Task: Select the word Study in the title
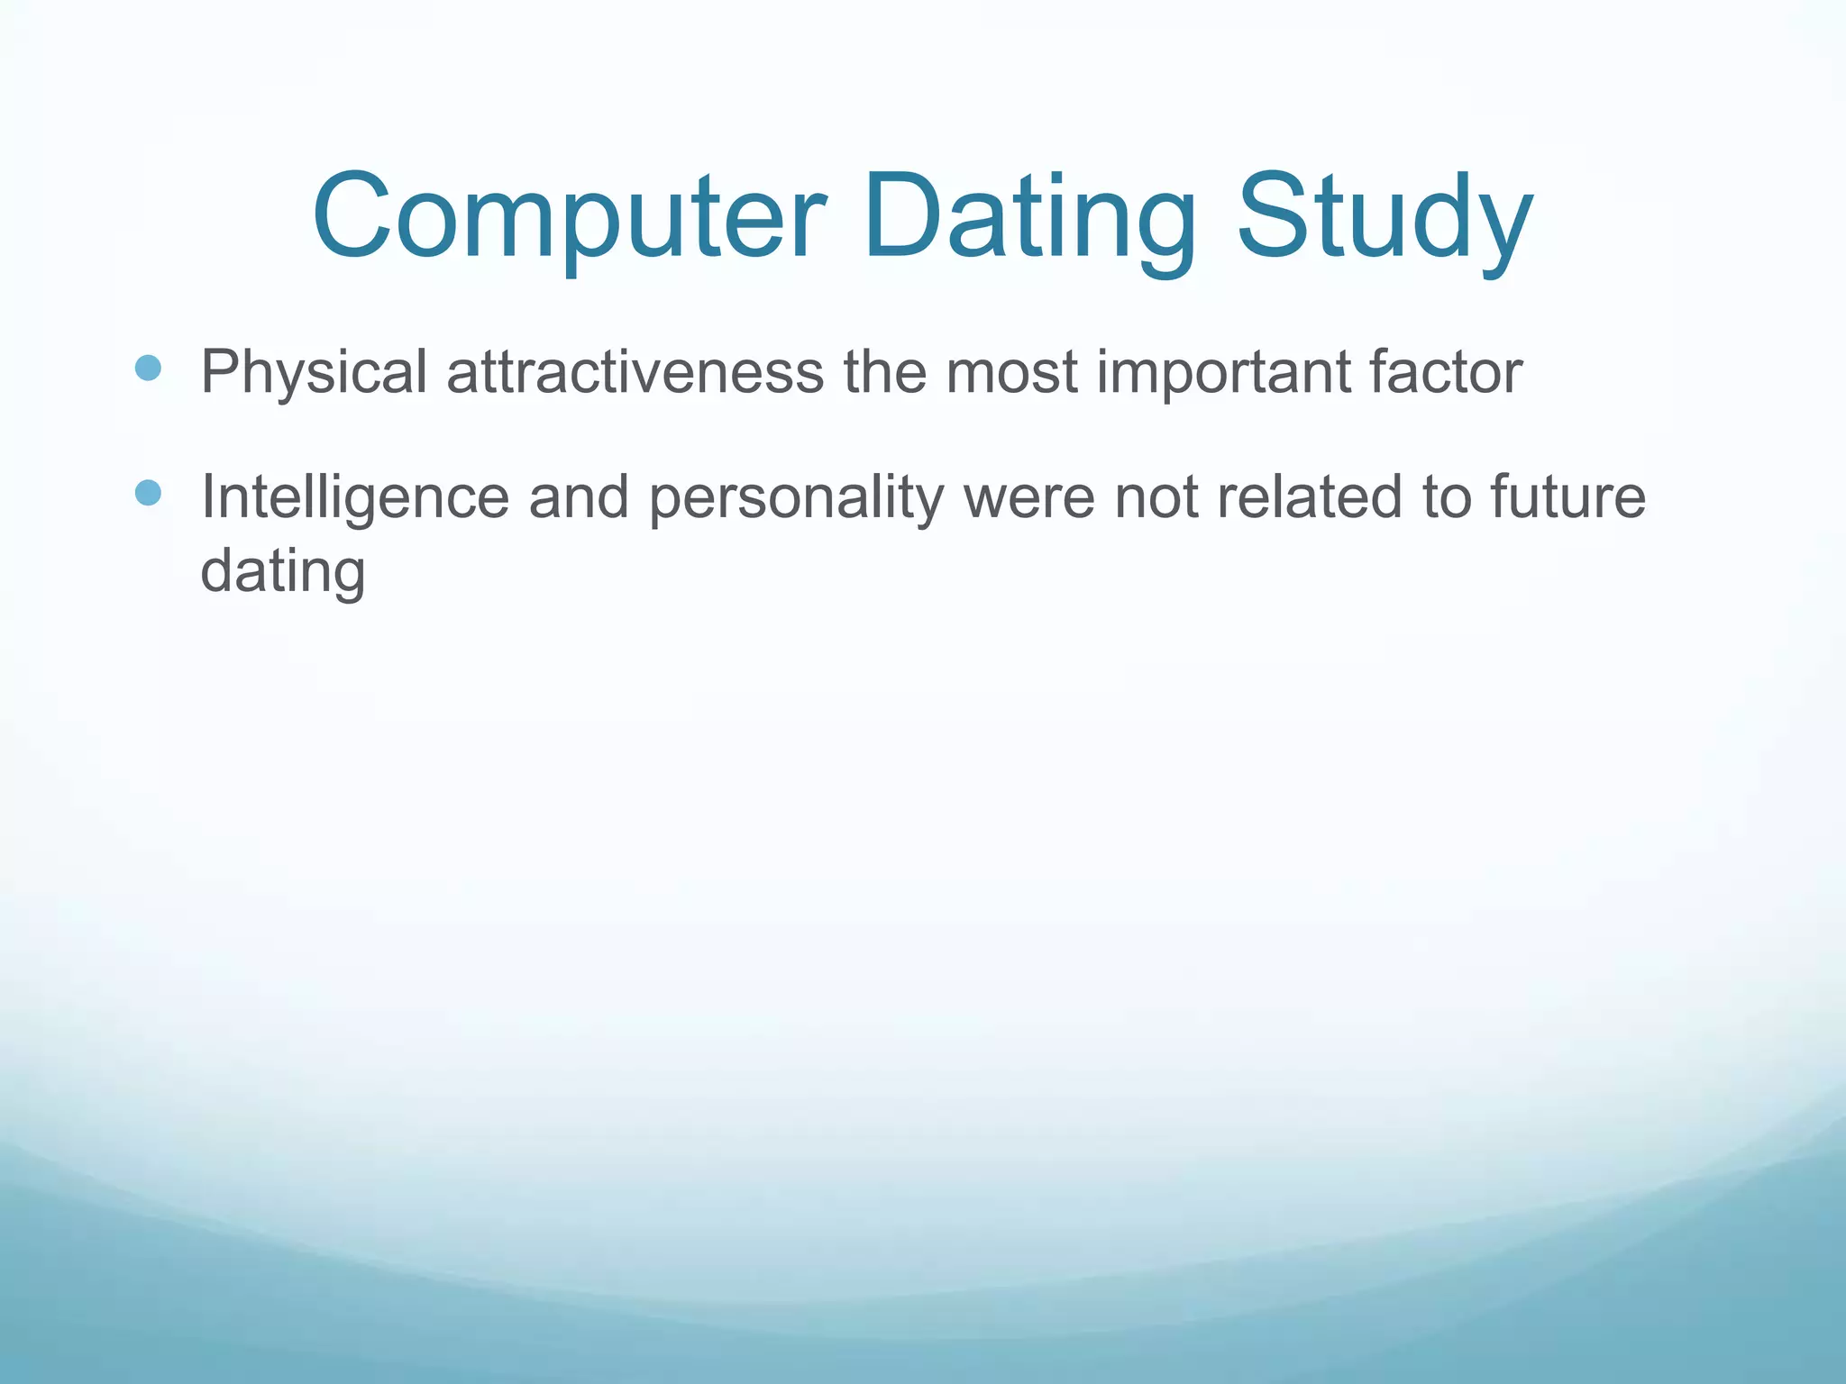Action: click(1384, 219)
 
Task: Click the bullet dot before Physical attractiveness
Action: click(148, 368)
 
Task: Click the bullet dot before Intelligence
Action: click(148, 493)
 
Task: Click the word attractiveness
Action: click(635, 372)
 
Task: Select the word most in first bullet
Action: click(1011, 372)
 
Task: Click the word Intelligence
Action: click(354, 497)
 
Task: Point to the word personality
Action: click(796, 497)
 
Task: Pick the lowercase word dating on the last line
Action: click(282, 572)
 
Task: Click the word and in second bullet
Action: click(578, 497)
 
